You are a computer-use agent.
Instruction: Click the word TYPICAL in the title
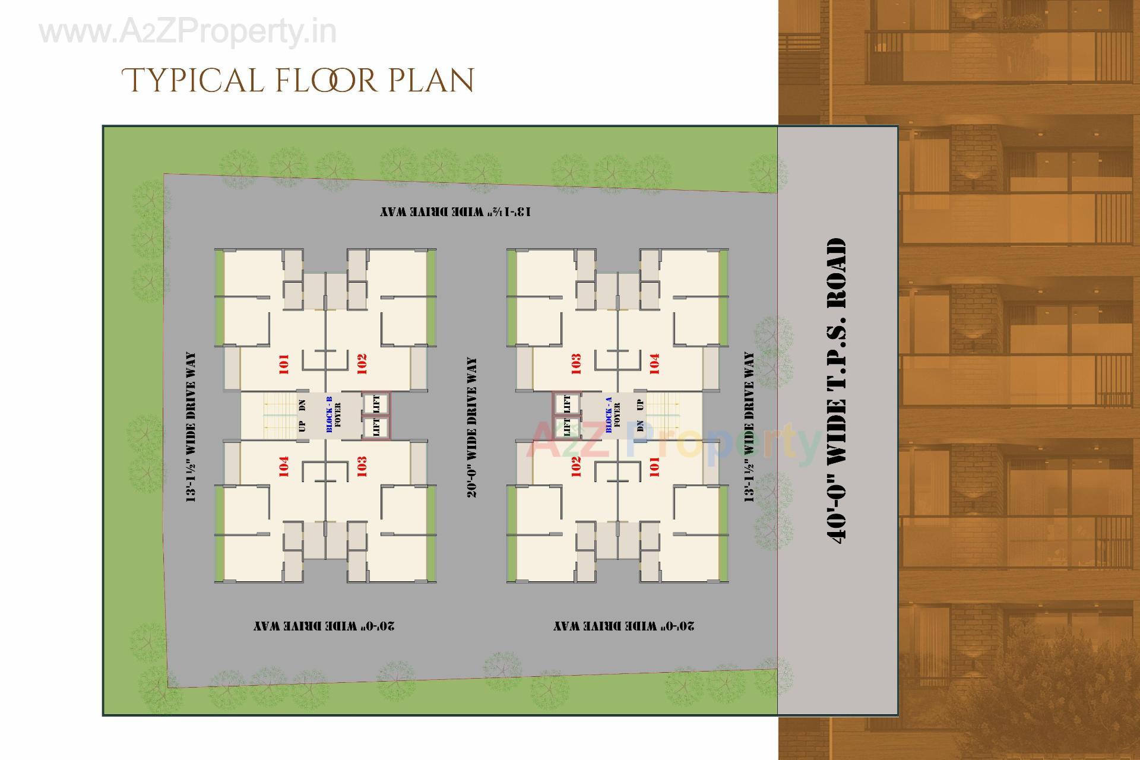click(x=192, y=81)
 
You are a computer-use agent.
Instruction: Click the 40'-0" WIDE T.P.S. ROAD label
click(x=836, y=389)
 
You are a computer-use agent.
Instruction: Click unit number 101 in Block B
click(x=283, y=364)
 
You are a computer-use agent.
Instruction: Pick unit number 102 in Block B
click(x=362, y=364)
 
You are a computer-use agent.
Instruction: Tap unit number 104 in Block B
click(x=283, y=467)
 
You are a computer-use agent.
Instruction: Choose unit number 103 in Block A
click(x=575, y=364)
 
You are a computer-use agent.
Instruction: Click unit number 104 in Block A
click(x=654, y=364)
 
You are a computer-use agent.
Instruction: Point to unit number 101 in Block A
click(x=654, y=467)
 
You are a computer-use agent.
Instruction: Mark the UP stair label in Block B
click(x=302, y=426)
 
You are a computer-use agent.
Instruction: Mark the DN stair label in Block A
click(x=640, y=426)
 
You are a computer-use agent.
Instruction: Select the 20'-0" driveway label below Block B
click(x=324, y=626)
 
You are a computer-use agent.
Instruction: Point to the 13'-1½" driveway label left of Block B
click(x=191, y=427)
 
